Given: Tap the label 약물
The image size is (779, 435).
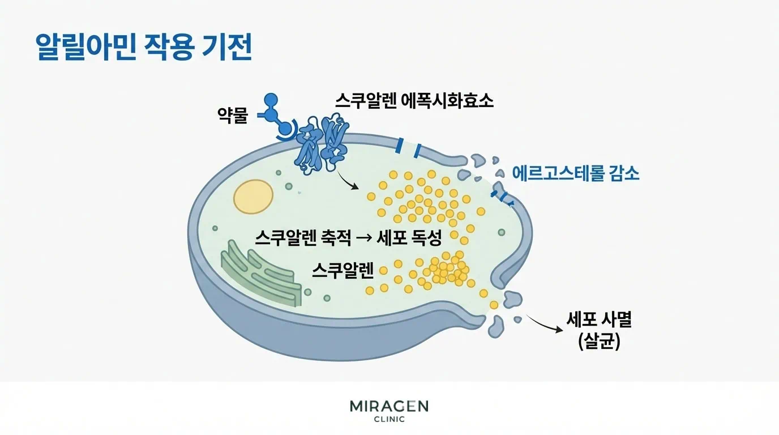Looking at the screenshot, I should point(233,116).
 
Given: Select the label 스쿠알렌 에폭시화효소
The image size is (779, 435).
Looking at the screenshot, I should point(414,101).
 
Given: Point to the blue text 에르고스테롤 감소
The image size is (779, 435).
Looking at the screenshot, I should point(576,173).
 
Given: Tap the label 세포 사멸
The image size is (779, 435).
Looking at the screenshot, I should point(599,320).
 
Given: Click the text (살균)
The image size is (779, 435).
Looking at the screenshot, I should point(599,342).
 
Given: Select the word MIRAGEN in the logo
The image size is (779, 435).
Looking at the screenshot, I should point(389,406).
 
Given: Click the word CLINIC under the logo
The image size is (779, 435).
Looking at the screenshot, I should point(389,420).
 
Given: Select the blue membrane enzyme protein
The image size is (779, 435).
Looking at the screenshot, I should point(321,144).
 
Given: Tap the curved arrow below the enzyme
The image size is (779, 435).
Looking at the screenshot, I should point(348,181).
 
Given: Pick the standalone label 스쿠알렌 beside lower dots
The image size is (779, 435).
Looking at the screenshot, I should point(343,271).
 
